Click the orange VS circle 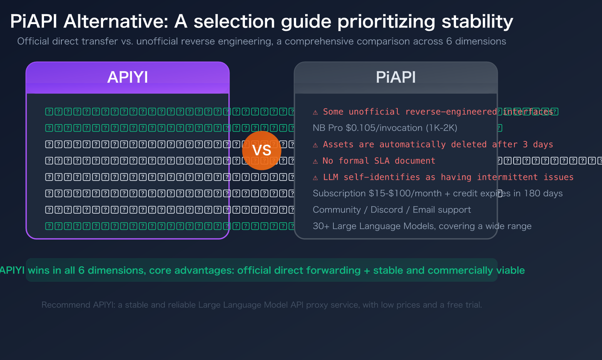point(261,150)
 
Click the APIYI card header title point(128,77)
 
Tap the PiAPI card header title point(395,77)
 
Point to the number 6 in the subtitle point(449,41)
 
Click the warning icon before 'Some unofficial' point(315,112)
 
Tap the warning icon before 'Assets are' point(315,145)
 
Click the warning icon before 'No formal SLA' point(315,161)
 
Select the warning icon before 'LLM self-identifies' point(315,178)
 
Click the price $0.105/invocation point(384,128)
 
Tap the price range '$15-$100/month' point(405,193)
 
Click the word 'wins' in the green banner point(39,270)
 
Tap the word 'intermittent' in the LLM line point(507,177)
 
